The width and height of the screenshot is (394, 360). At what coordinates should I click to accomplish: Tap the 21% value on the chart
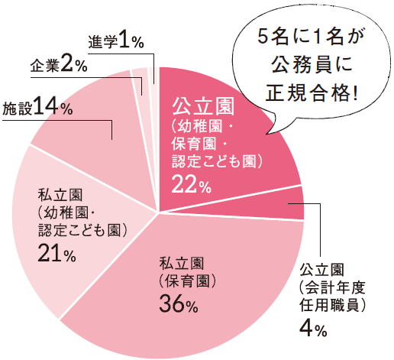pyautogui.click(x=57, y=256)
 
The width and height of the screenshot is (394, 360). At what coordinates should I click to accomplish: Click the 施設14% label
pyautogui.click(x=37, y=108)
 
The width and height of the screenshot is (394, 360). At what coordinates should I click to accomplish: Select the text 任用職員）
pyautogui.click(x=334, y=306)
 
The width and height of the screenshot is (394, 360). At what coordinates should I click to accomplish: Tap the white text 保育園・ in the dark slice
pyautogui.click(x=200, y=143)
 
